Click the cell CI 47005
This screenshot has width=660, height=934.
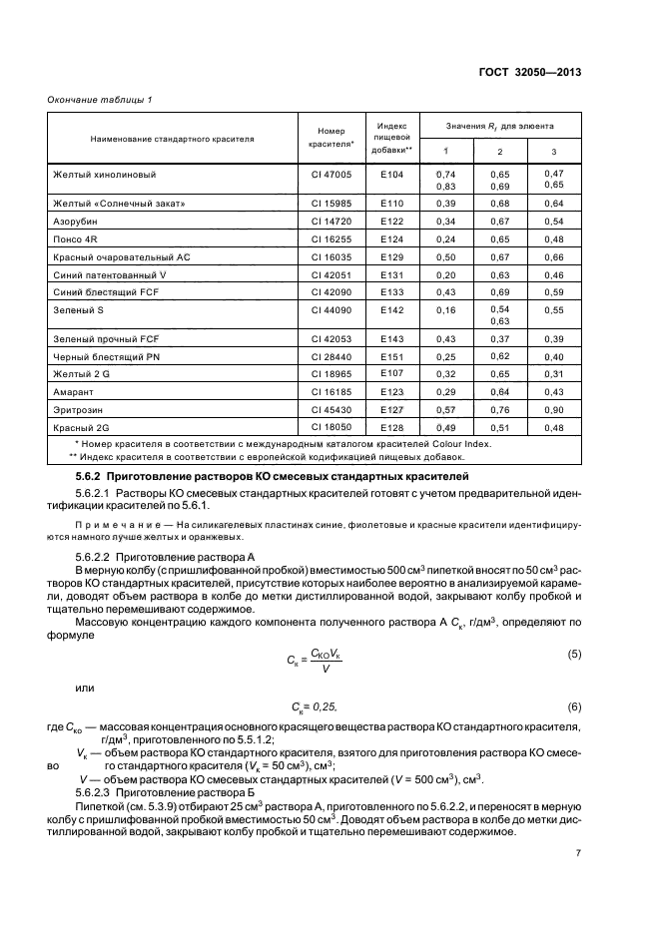(x=330, y=174)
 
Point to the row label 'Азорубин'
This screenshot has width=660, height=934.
(x=76, y=221)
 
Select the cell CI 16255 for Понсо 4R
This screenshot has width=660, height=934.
(x=330, y=238)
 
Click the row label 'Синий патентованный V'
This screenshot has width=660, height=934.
(x=110, y=274)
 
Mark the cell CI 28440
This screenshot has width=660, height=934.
(x=330, y=356)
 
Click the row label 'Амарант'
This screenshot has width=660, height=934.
(x=74, y=392)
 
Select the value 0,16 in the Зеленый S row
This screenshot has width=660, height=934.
(x=445, y=311)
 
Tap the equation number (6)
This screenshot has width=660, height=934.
(x=574, y=706)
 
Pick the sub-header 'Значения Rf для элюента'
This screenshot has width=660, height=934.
(x=500, y=127)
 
